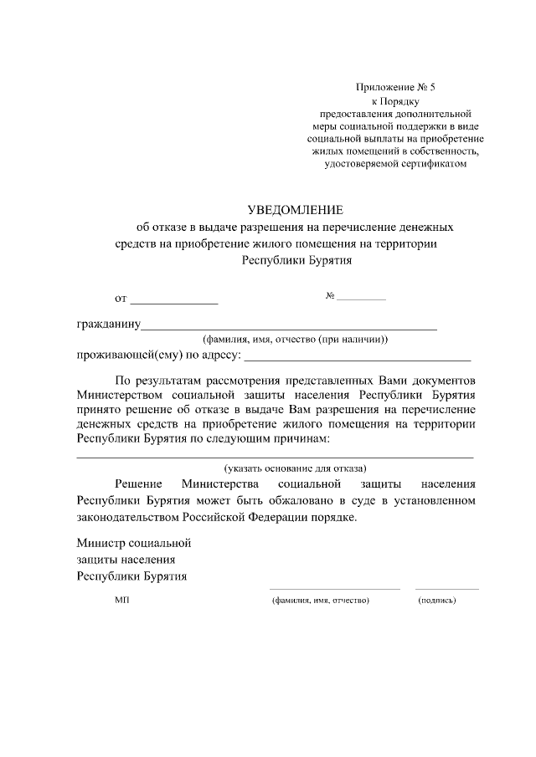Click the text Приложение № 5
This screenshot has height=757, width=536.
click(396, 87)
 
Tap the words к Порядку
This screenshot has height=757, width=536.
click(396, 100)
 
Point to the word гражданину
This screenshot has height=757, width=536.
click(108, 325)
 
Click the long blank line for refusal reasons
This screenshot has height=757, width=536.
click(276, 458)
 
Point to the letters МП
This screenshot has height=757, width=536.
click(122, 601)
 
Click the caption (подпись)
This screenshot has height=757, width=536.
click(436, 601)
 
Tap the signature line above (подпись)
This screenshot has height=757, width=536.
click(447, 589)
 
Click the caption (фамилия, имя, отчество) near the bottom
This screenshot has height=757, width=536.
click(321, 601)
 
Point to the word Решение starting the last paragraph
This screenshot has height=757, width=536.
click(138, 484)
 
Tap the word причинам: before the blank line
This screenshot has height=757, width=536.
click(301, 438)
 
